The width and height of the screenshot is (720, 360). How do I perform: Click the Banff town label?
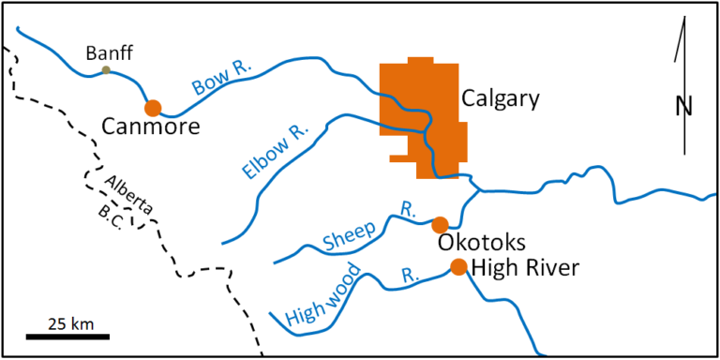click(x=105, y=52)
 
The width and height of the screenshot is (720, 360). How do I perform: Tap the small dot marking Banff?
click(x=106, y=69)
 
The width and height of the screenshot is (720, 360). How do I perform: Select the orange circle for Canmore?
click(x=153, y=107)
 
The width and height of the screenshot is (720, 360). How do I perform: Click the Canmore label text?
click(x=153, y=127)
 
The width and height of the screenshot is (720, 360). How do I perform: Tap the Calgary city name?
click(x=501, y=97)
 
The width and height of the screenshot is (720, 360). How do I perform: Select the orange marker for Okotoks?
click(x=439, y=224)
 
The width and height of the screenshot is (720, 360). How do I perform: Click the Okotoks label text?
click(x=481, y=243)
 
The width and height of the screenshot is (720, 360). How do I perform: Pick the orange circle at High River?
click(x=458, y=267)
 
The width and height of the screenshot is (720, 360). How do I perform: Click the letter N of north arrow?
click(x=683, y=106)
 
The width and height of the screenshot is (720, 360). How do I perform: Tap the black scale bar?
click(x=67, y=335)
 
